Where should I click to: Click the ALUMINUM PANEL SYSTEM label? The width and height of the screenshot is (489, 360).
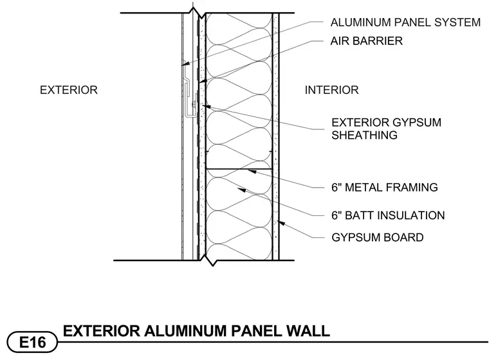405,22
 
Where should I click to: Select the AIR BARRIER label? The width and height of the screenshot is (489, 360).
367,41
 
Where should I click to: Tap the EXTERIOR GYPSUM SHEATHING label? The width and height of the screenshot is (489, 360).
387,129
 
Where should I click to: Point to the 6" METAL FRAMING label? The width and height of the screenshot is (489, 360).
385,187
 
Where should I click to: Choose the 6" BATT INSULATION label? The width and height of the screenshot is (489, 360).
388,215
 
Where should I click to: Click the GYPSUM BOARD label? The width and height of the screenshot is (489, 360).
377,237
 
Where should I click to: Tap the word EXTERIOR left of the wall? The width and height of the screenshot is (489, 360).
69,90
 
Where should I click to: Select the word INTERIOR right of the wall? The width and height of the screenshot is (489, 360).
331,90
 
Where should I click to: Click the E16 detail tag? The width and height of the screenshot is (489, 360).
32,342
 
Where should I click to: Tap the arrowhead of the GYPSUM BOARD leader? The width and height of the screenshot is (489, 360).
281,222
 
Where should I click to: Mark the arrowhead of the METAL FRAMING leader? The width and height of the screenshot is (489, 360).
252,171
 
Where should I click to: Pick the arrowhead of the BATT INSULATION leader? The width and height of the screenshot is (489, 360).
241,189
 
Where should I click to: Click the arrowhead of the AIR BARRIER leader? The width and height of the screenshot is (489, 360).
203,81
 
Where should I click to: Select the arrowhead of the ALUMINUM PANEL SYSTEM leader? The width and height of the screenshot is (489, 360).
185,64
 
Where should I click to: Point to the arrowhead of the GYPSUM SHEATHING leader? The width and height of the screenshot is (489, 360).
207,107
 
